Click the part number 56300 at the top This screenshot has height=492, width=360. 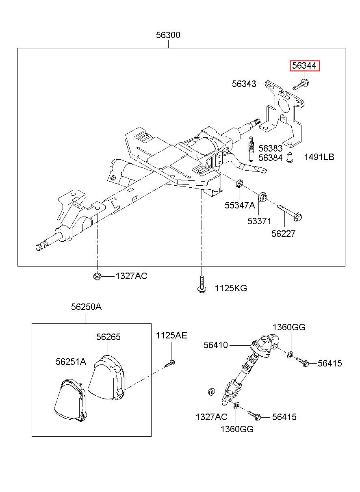[x=168, y=35]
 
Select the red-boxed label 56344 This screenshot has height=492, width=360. [x=305, y=66]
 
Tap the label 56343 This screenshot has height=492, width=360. [x=244, y=84]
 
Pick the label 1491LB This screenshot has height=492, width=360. [x=319, y=157]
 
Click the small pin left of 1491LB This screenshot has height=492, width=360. [x=290, y=157]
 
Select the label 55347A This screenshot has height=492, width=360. [x=240, y=205]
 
